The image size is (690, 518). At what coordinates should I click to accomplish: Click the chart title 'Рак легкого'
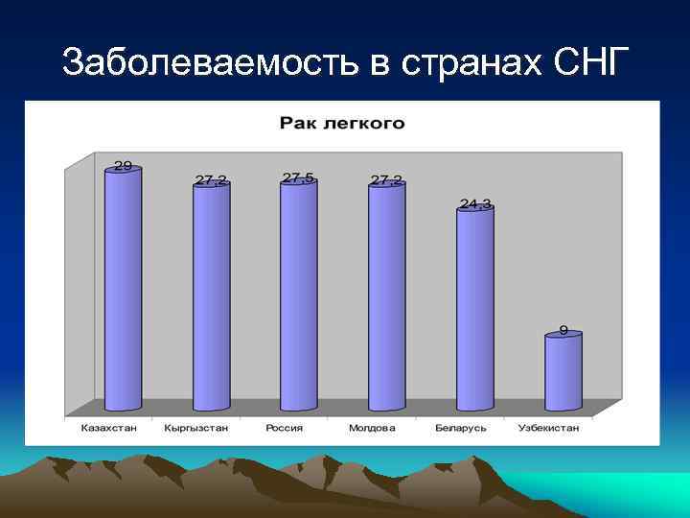pyautogui.click(x=342, y=123)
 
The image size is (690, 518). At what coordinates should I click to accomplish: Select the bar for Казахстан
pyautogui.click(x=123, y=288)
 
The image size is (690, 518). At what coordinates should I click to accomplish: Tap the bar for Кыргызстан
pyautogui.click(x=211, y=297)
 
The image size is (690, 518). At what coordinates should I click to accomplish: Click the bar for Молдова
pyautogui.click(x=386, y=297)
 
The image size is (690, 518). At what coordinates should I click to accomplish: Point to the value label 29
pyautogui.click(x=123, y=165)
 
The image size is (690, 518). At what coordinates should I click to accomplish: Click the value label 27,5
pyautogui.click(x=298, y=177)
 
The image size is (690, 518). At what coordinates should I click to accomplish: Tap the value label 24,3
pyautogui.click(x=475, y=203)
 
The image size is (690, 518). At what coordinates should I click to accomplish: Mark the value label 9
pyautogui.click(x=563, y=330)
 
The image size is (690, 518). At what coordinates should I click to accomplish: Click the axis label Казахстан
pyautogui.click(x=107, y=428)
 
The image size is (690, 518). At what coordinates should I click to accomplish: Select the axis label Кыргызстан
pyautogui.click(x=195, y=428)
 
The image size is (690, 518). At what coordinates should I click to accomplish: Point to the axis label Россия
pyautogui.click(x=284, y=428)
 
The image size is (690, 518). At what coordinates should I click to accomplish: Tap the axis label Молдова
pyautogui.click(x=372, y=428)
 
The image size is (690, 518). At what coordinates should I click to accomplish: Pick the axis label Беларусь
pyautogui.click(x=460, y=428)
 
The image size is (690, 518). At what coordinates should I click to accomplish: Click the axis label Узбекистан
pyautogui.click(x=548, y=428)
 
